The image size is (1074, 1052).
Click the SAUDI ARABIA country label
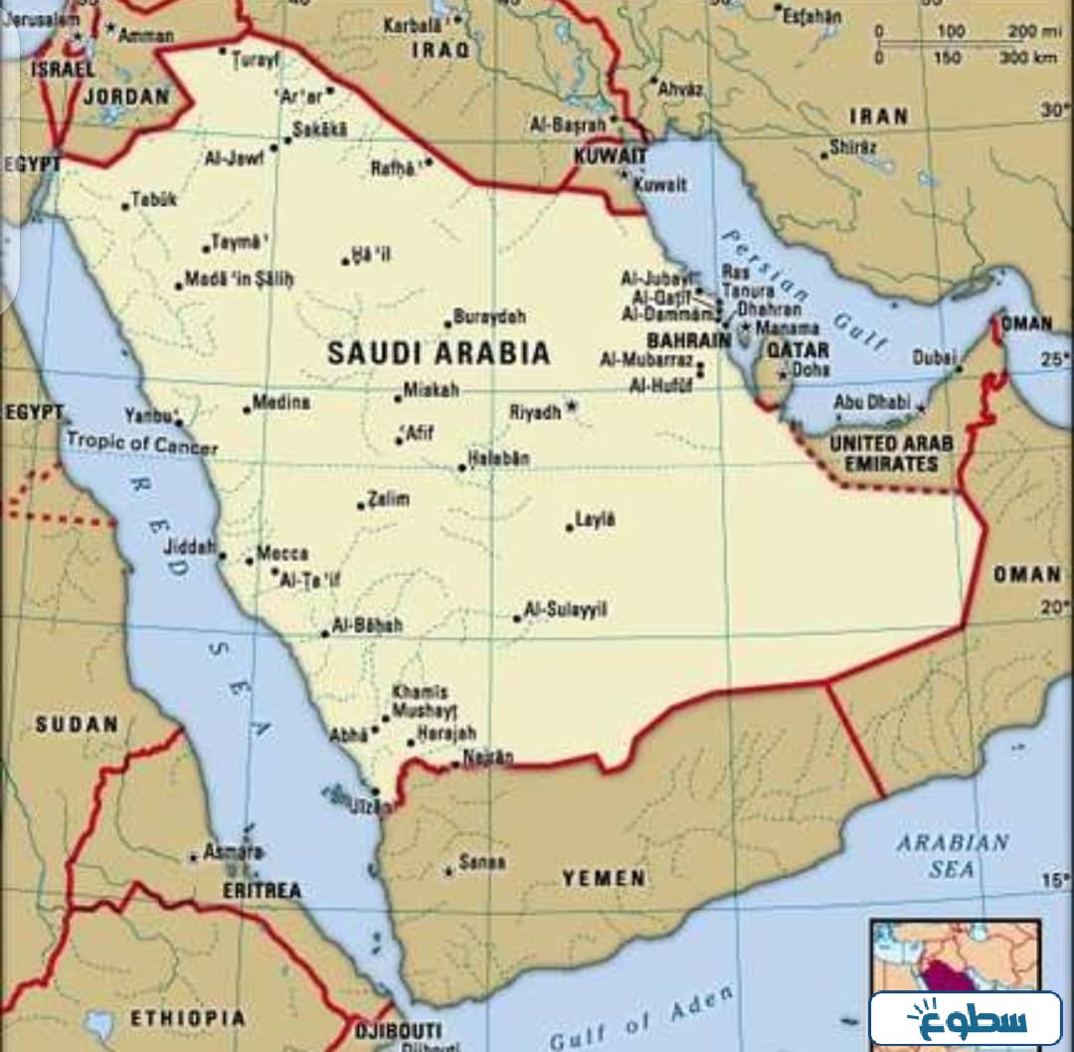pyautogui.click(x=439, y=353)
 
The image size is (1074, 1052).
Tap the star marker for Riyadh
pyautogui.click(x=572, y=407)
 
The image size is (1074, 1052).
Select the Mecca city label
pyautogui.click(x=282, y=554)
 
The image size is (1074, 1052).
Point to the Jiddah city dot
pyautogui.click(x=222, y=557)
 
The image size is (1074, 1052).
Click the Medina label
pyautogui.click(x=280, y=403)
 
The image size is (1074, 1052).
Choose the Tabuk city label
pyautogui.click(x=154, y=199)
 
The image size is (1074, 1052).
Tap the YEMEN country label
pyautogui.click(x=604, y=878)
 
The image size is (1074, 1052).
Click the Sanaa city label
pyautogui.click(x=482, y=863)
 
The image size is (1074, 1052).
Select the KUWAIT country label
pyautogui.click(x=611, y=156)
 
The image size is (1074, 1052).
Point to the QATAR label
pyautogui.click(x=797, y=350)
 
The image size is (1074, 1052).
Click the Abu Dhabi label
pyautogui.click(x=871, y=403)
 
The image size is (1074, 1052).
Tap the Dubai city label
pyautogui.click(x=936, y=356)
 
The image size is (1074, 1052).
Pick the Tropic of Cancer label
pyautogui.click(x=141, y=442)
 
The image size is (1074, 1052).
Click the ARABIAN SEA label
pyautogui.click(x=952, y=856)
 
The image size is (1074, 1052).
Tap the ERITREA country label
pyautogui.click(x=262, y=891)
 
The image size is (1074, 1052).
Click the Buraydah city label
pyautogui.click(x=489, y=317)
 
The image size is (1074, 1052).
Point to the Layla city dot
pyautogui.click(x=570, y=527)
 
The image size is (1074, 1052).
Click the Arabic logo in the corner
pyautogui.click(x=966, y=1018)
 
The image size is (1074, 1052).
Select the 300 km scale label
pyautogui.click(x=1028, y=57)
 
